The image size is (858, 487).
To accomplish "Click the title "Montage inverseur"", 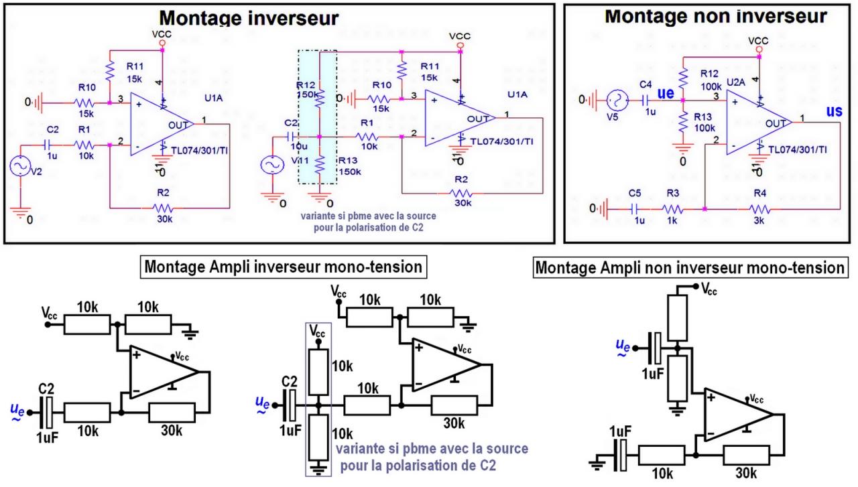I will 249,17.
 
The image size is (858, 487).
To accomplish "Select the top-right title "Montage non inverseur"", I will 715,16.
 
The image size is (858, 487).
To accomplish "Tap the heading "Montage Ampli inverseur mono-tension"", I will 283,267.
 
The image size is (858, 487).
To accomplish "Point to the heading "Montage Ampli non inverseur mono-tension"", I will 689,268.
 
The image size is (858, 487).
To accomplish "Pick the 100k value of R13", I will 711,127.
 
